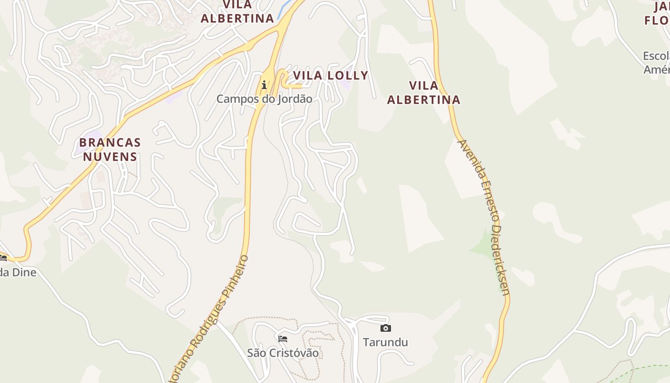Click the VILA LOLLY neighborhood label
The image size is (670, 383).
pos(330,75)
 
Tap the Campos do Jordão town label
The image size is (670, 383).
pos(264,99)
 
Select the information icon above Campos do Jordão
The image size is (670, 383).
pos(264,85)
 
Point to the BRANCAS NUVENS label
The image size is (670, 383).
pos(110,149)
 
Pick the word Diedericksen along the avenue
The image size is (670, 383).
pos(500,261)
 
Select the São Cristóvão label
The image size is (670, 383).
pos(283,353)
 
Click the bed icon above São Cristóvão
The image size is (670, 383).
pos(283,339)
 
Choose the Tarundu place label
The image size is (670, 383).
pos(385,342)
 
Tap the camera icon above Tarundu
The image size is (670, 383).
pos(385,328)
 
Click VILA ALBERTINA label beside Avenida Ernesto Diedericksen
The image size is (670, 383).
pos(424,92)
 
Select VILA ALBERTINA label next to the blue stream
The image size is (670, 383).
pos(237,12)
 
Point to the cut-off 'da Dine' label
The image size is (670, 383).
pos(18,272)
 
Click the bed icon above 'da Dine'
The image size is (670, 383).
pos(3,258)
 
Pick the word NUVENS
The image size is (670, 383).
pos(110,157)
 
